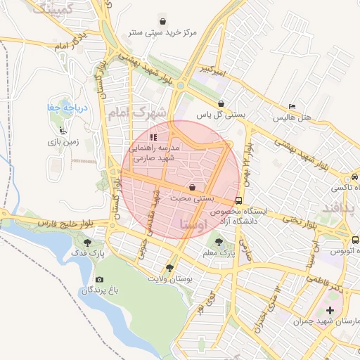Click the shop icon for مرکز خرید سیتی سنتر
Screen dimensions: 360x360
[x=163, y=21]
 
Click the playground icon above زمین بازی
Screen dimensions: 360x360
[x=64, y=130]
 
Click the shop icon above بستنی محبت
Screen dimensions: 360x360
[x=193, y=188]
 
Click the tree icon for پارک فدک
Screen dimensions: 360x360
[x=87, y=243]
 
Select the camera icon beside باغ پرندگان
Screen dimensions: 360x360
[x=98, y=280]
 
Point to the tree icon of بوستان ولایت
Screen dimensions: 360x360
[x=169, y=267]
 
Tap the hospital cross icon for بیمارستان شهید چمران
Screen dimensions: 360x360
[x=330, y=310]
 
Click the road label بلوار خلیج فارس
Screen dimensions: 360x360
[x=67, y=225]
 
